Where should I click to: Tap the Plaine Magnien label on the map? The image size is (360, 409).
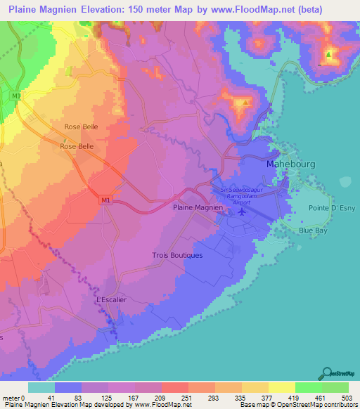[x=198, y=208]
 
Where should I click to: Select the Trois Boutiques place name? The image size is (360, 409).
[x=177, y=255]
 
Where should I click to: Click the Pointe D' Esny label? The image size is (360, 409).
[x=333, y=208]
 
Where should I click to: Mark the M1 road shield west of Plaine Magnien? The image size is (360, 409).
[x=105, y=201]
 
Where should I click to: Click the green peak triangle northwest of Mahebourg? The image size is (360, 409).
[x=245, y=102]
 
